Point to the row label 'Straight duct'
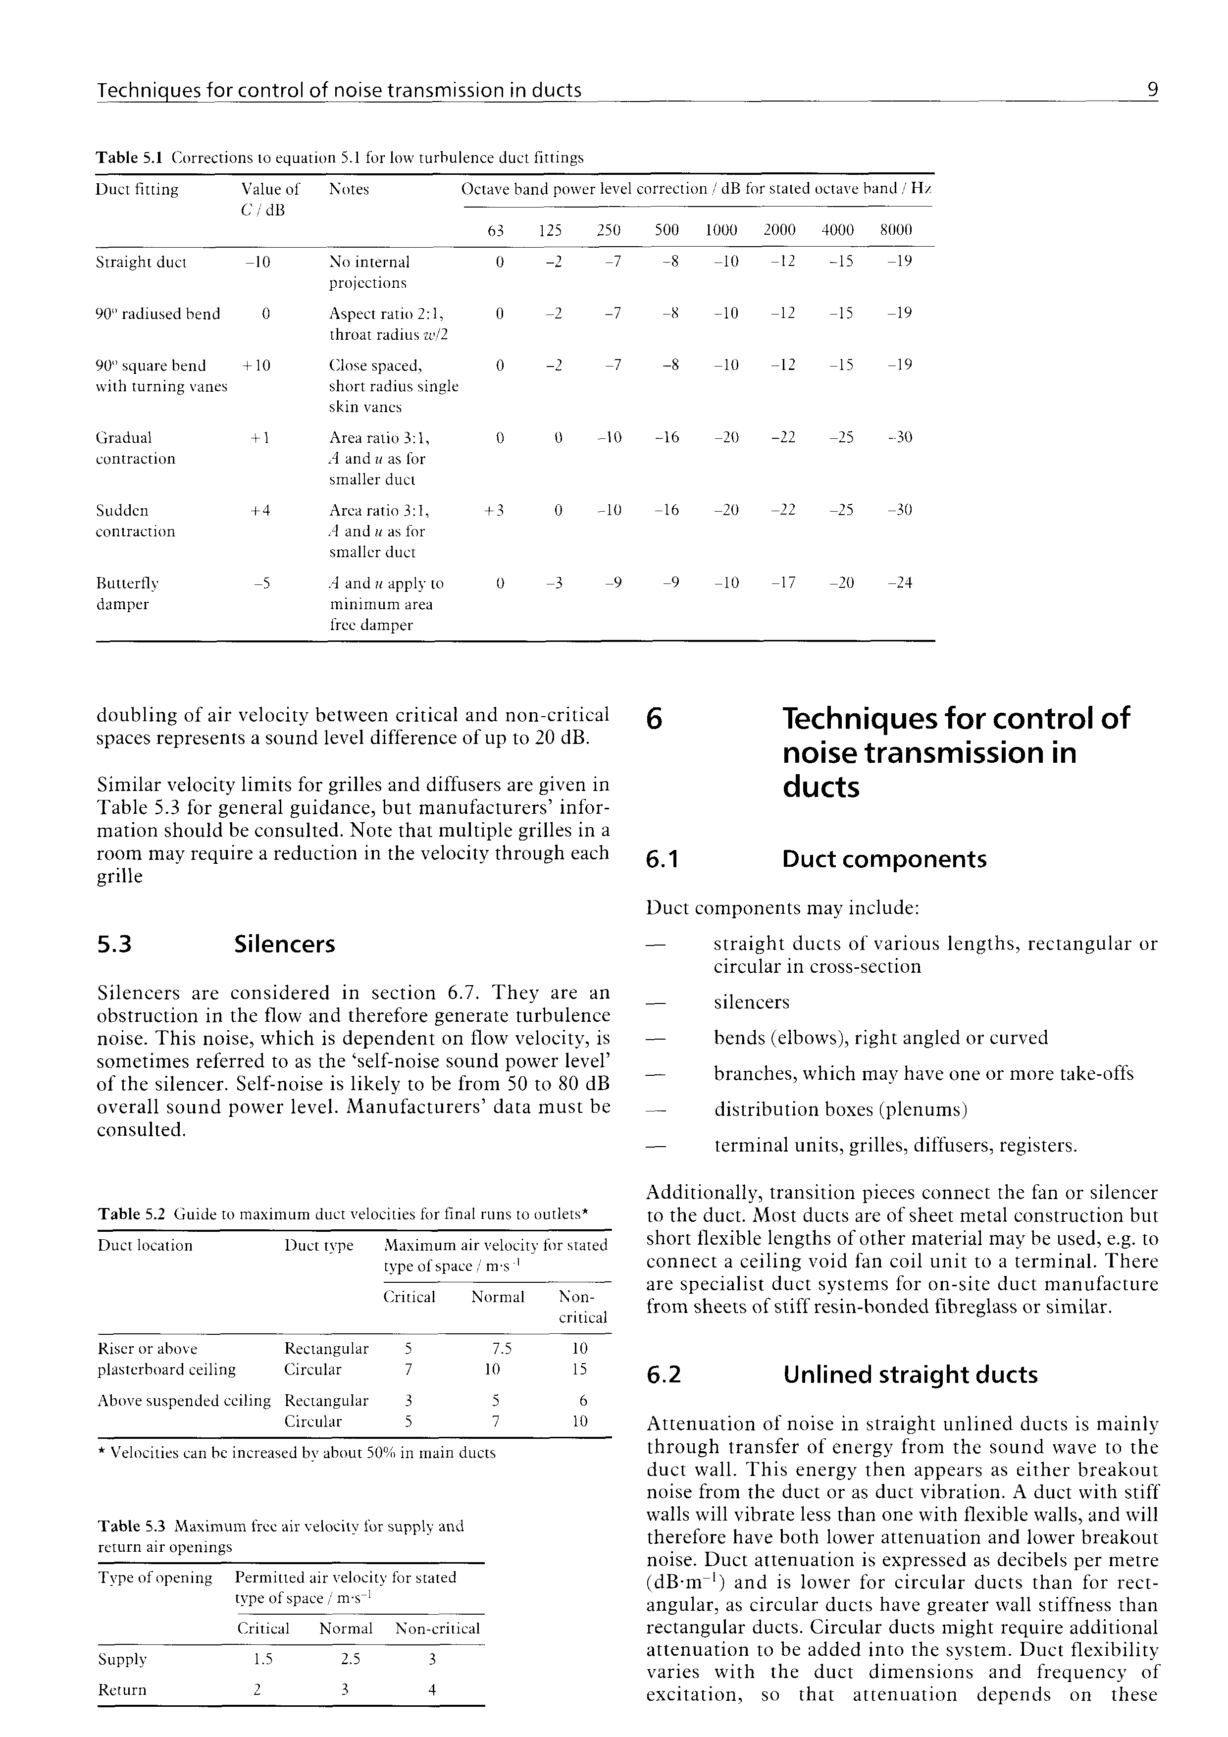point(141,263)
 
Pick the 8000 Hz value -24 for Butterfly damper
point(899,582)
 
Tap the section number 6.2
point(664,1374)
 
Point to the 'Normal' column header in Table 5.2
point(498,1297)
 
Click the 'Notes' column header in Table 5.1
point(349,189)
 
